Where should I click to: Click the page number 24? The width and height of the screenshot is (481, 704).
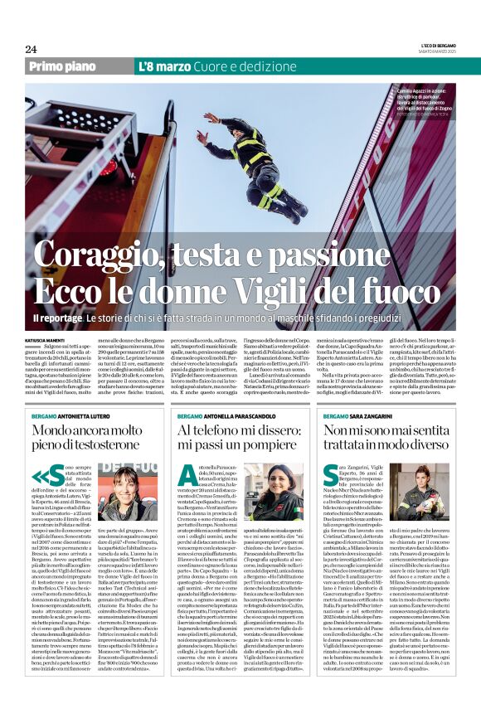click(x=31, y=49)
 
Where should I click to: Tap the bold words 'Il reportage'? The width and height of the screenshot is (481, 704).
click(x=57, y=317)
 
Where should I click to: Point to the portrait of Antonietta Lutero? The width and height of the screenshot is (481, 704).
click(x=133, y=493)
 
